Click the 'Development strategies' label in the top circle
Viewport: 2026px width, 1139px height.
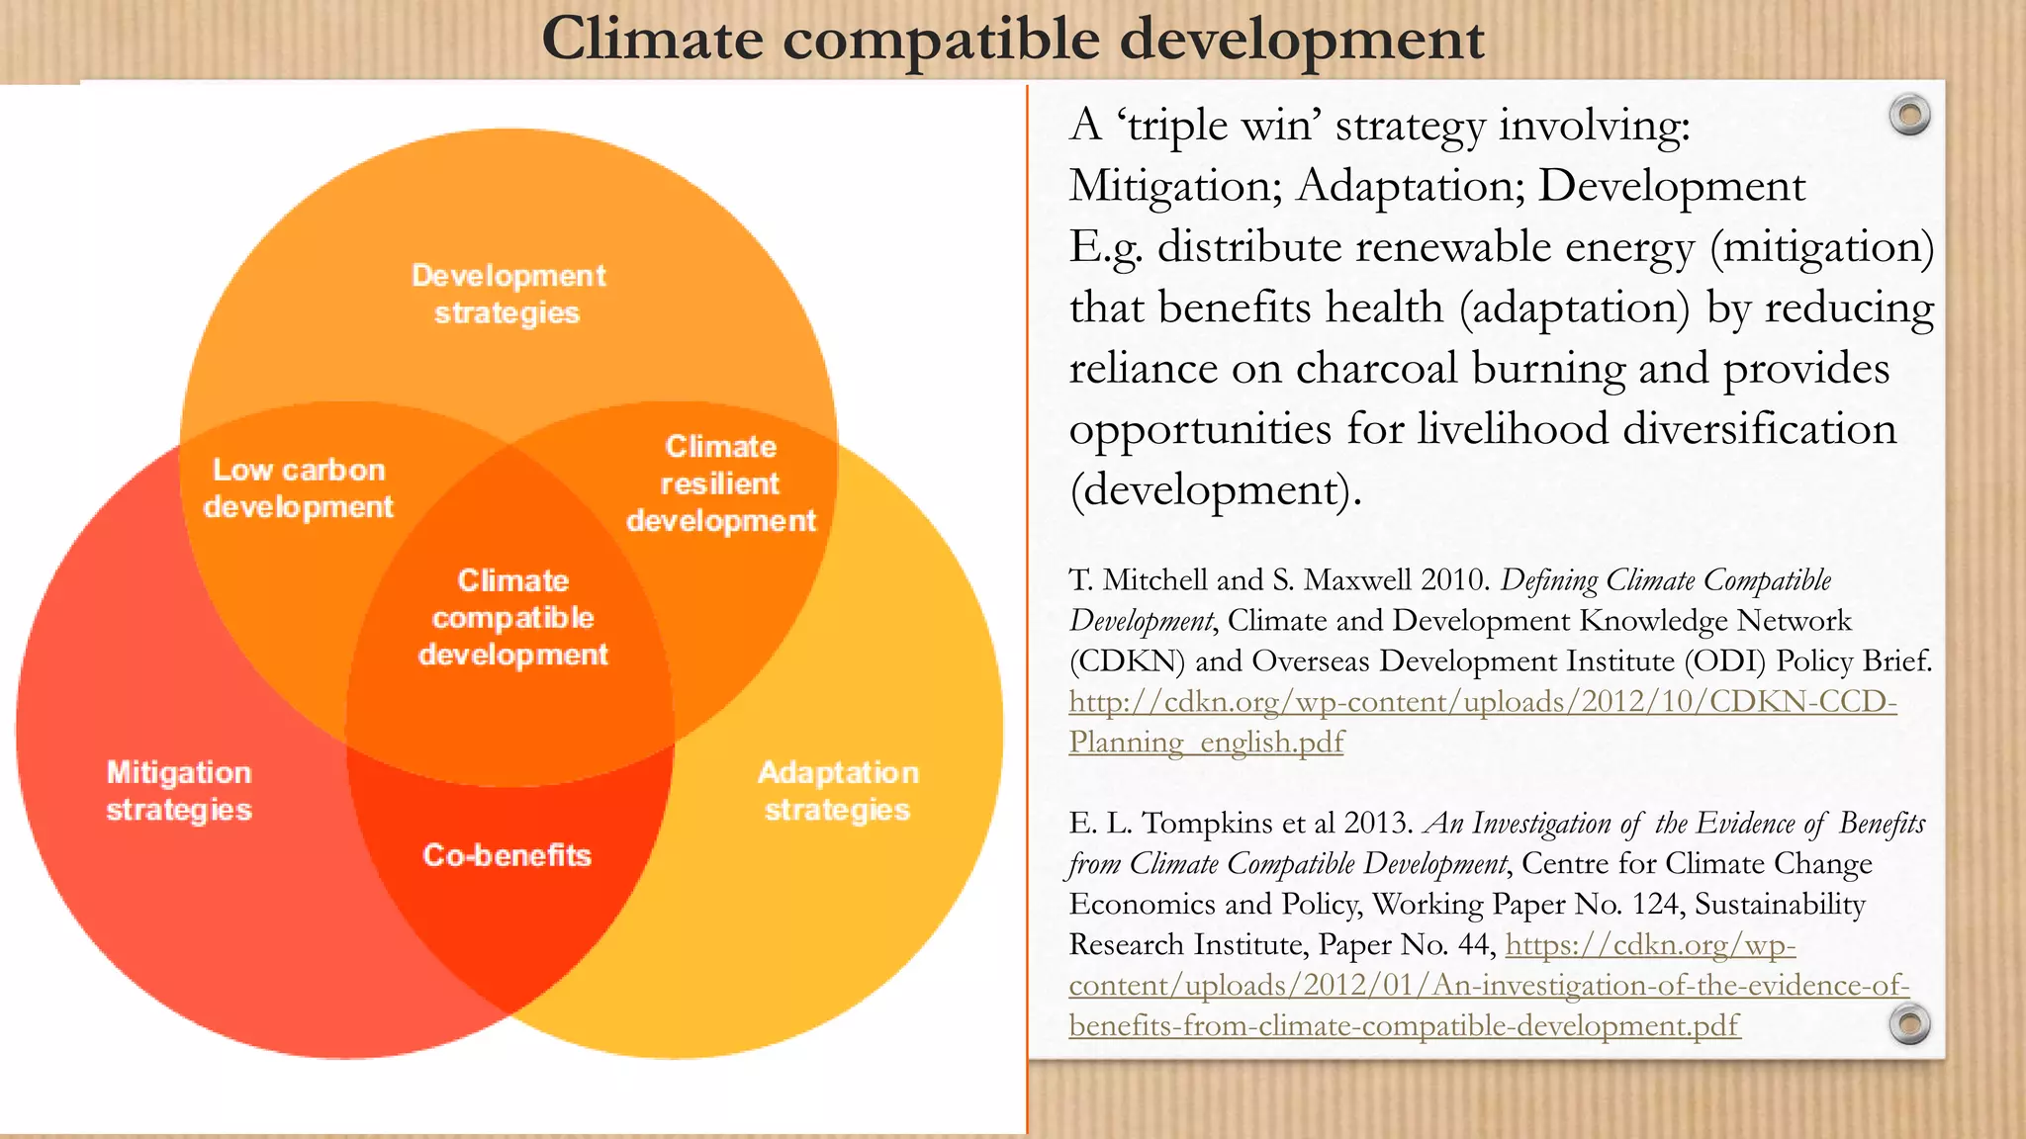508,294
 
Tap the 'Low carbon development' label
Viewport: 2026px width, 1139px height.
299,487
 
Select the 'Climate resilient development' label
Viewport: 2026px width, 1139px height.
721,483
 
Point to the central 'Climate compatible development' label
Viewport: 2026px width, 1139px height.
512,617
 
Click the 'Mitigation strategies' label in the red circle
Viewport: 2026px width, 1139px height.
179,790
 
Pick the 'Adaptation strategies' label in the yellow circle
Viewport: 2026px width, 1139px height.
838,790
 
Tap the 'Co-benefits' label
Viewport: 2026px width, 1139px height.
506,854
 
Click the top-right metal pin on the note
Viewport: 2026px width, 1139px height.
1909,115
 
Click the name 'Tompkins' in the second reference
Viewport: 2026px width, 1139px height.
1218,823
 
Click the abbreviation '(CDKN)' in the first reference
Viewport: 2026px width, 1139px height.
1127,660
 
